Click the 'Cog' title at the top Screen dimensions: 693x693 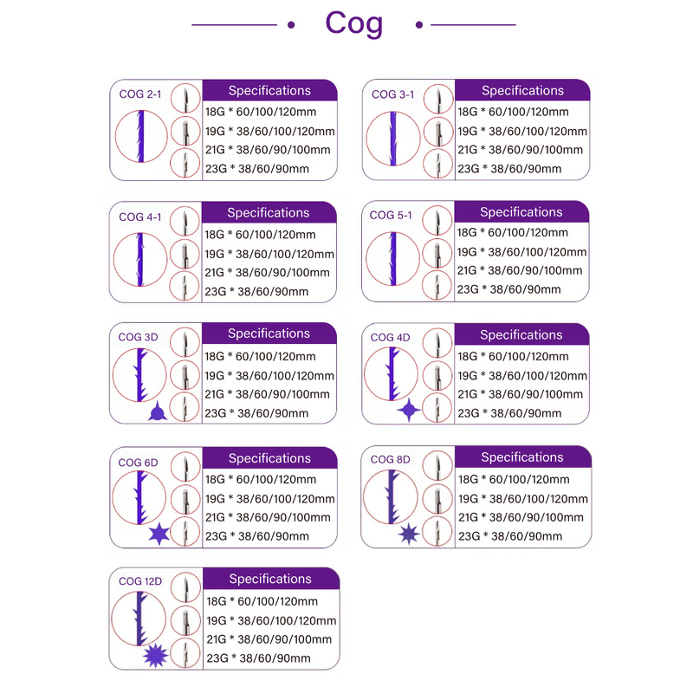tap(353, 23)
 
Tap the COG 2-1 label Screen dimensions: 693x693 tap(139, 94)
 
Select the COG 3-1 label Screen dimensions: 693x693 tap(392, 94)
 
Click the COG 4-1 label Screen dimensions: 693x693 tap(139, 217)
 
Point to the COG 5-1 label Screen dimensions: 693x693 tap(392, 216)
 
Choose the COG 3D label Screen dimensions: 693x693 tap(139, 337)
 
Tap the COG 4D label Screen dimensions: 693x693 tap(390, 337)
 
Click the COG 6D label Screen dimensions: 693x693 tap(139, 462)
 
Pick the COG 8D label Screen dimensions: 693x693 tap(390, 459)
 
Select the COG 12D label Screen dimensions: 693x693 tap(140, 581)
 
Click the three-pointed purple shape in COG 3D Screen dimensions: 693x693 tap(157, 413)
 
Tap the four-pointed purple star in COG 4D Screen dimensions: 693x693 tap(408, 411)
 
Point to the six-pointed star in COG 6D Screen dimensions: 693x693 tap(159, 535)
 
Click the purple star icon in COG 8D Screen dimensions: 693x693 tap(407, 534)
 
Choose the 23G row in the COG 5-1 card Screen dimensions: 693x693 tap(512, 290)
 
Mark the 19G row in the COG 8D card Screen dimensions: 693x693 tap(522, 498)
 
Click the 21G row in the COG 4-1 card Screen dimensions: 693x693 tap(267, 272)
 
